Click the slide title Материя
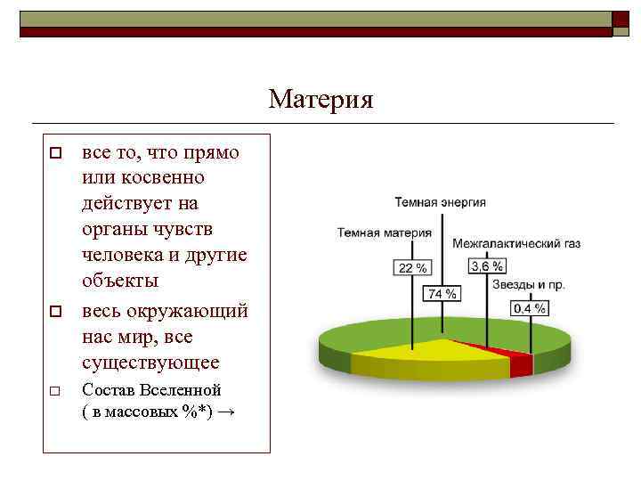tap(320, 98)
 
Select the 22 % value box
tap(411, 268)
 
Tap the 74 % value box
tap(442, 293)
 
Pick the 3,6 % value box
tap(487, 266)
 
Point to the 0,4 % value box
tap(529, 308)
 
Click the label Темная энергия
tap(440, 202)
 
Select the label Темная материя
tap(384, 232)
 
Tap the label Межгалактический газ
tap(516, 242)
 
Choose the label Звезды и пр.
tap(529, 286)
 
